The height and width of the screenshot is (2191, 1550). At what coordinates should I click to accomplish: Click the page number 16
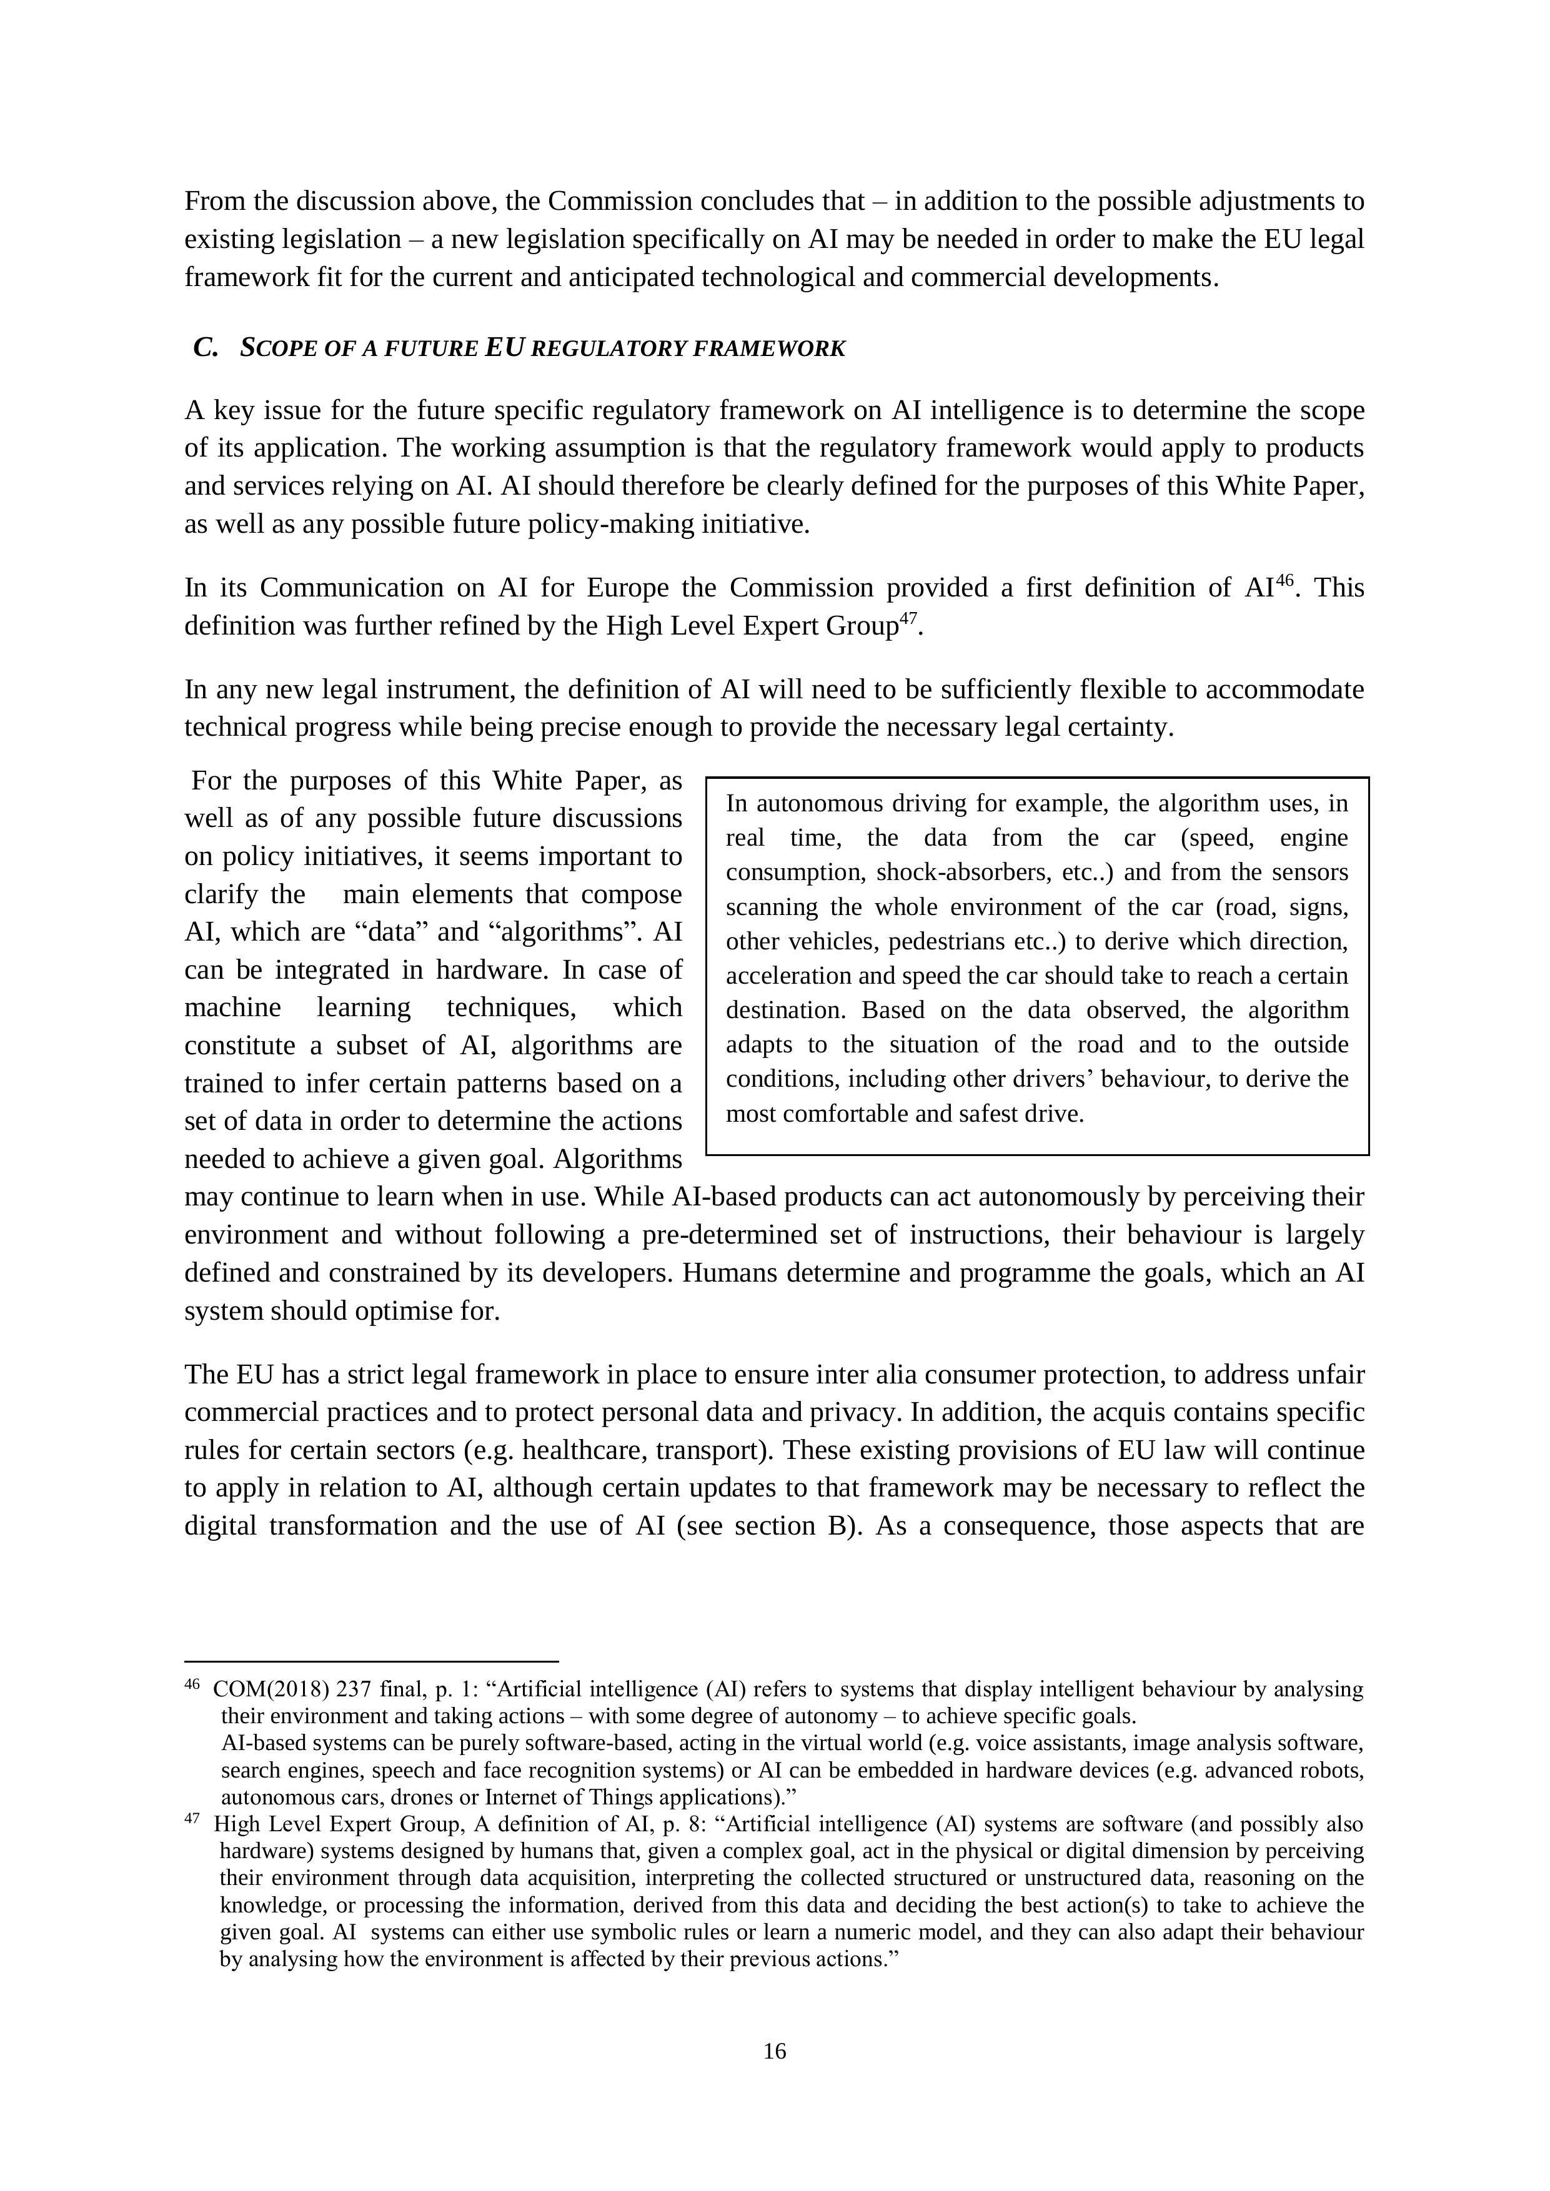coord(774,2050)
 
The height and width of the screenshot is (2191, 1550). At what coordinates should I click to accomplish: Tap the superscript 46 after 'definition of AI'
coord(1284,578)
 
